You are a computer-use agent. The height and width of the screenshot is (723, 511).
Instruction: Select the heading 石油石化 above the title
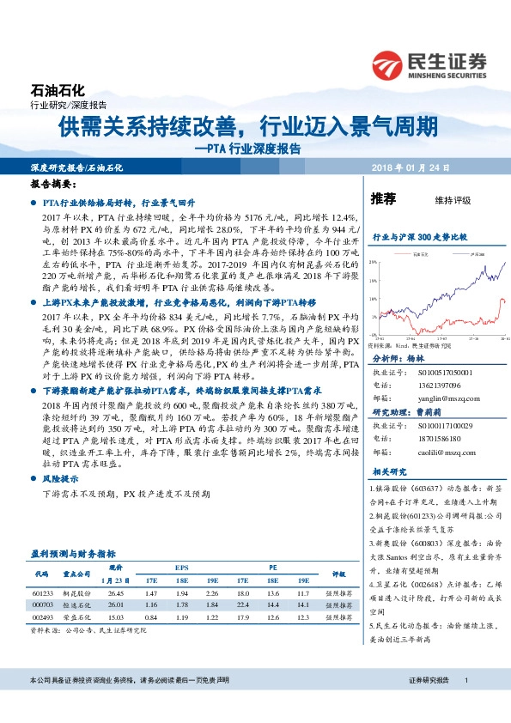[58, 89]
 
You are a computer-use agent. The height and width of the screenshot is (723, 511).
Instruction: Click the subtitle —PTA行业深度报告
[247, 148]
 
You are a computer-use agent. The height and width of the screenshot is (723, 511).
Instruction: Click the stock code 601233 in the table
[43, 592]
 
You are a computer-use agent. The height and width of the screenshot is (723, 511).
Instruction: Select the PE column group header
[272, 568]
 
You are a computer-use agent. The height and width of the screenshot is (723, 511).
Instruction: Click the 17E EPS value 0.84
[151, 617]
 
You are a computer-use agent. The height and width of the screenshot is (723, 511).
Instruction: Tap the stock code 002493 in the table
[43, 617]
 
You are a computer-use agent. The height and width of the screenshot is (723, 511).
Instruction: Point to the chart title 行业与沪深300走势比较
[418, 234]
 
